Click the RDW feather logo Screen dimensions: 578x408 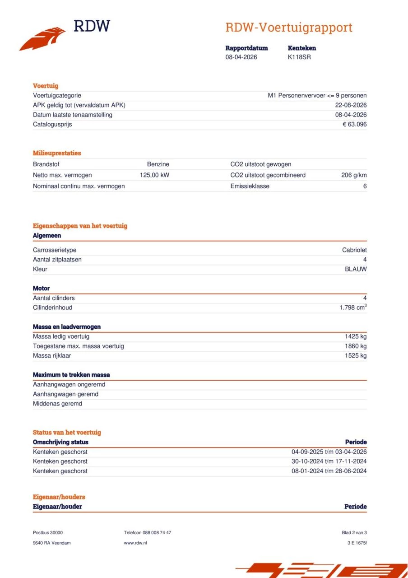(43, 38)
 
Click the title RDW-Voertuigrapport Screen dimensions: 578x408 (289, 28)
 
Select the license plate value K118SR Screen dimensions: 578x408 (299, 57)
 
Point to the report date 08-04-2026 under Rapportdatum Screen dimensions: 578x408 (241, 57)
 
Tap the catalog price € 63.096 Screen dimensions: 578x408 (354, 124)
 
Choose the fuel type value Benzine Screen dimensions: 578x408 (158, 164)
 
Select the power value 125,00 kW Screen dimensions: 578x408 (154, 175)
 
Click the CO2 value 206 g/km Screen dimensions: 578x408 (354, 175)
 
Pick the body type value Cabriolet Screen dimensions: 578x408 (354, 250)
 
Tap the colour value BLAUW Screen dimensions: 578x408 (356, 269)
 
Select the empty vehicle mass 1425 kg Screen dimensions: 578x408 (356, 336)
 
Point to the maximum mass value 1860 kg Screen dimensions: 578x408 (356, 346)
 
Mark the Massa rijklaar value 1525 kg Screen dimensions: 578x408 (356, 356)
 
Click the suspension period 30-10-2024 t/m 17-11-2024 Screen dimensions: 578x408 (329, 461)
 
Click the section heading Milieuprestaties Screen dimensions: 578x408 (57, 153)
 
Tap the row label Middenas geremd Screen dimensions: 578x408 (57, 404)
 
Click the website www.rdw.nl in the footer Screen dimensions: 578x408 (135, 543)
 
